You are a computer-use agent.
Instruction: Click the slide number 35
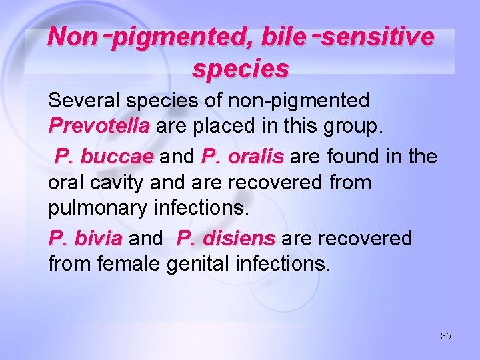pyautogui.click(x=446, y=336)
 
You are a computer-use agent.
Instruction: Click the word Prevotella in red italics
pyautogui.click(x=99, y=126)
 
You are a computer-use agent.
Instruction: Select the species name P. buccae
pyautogui.click(x=104, y=157)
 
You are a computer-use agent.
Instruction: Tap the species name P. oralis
pyautogui.click(x=243, y=157)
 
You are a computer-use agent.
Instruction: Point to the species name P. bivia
pyautogui.click(x=85, y=238)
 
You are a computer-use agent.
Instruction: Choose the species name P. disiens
pyautogui.click(x=226, y=238)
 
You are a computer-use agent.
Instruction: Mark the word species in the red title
pyautogui.click(x=241, y=69)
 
